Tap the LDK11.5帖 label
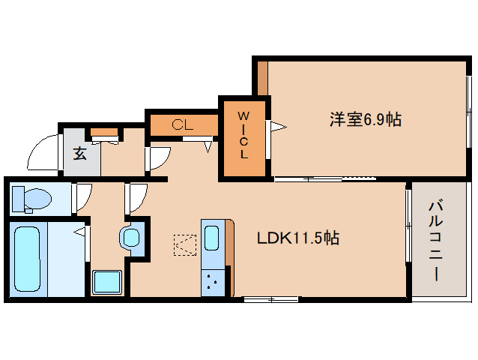[298, 238]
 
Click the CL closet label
[182, 125]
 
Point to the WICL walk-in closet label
[243, 136]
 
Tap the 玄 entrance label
[79, 153]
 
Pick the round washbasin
[132, 238]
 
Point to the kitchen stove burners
[212, 283]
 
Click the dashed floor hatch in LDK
[184, 245]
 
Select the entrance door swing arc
[43, 154]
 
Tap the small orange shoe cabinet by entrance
[105, 133]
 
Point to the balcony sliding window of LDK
[408, 225]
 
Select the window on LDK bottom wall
[270, 299]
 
